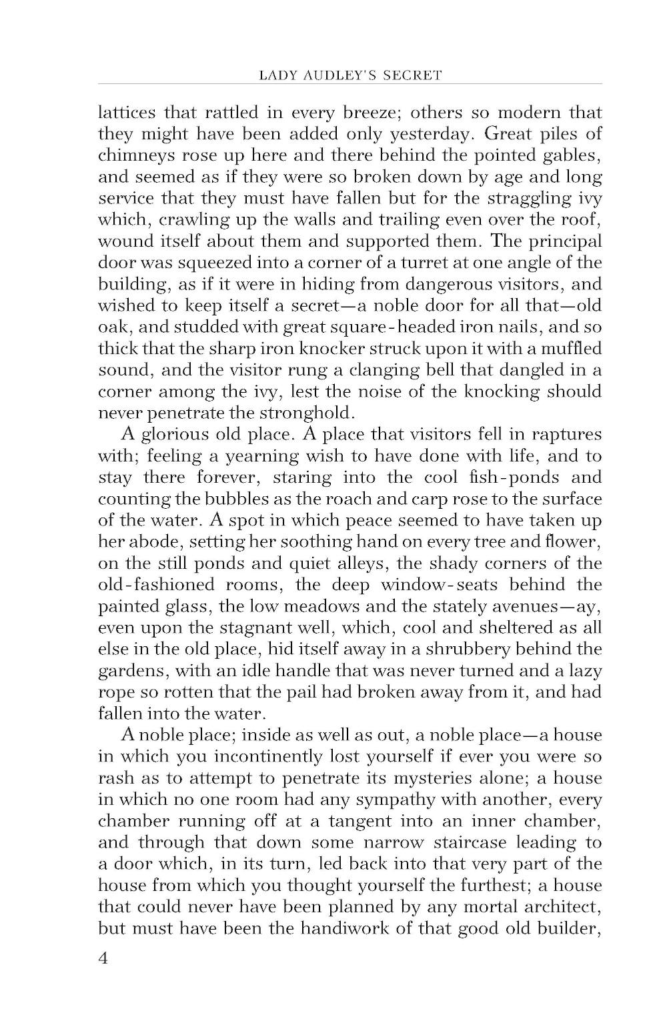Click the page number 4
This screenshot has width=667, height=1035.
point(103,958)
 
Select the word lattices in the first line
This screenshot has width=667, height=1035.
point(127,111)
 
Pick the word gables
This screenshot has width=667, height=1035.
point(574,155)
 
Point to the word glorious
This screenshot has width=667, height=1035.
point(173,434)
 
